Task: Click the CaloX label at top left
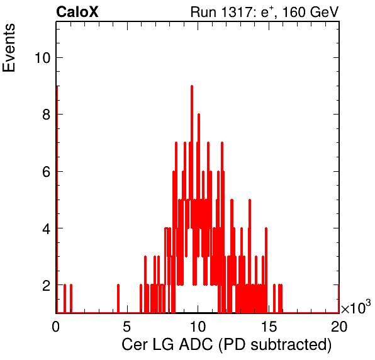(x=77, y=12)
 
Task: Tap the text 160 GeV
(x=310, y=12)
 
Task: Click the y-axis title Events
(x=9, y=48)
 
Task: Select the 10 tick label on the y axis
(x=43, y=58)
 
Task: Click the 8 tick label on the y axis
(x=47, y=115)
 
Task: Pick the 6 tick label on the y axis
(x=47, y=172)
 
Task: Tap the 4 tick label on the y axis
(x=47, y=228)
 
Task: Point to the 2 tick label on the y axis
(x=47, y=285)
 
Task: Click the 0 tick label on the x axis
(x=56, y=326)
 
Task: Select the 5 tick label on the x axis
(x=126, y=326)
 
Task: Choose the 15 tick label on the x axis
(x=269, y=326)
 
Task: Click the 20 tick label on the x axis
(x=339, y=326)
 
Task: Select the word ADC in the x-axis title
(x=196, y=345)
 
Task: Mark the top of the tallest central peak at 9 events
(x=192, y=86)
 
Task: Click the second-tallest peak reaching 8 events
(x=199, y=115)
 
